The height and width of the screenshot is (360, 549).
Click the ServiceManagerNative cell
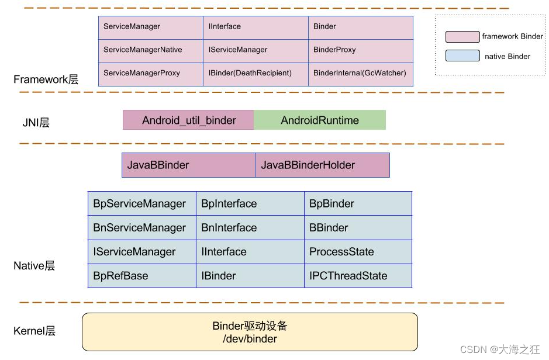[150, 50]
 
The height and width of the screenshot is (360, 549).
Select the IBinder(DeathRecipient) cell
[255, 74]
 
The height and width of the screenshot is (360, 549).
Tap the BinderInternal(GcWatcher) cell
[360, 74]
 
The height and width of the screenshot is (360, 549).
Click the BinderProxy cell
[360, 50]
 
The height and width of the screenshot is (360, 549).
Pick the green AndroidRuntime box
[320, 120]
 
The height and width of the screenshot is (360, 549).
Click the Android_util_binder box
[188, 120]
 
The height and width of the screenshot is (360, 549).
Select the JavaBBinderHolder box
[322, 165]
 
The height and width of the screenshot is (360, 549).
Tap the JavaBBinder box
[188, 165]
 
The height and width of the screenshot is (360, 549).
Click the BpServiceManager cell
[141, 204]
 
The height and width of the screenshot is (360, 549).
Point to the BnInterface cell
[250, 228]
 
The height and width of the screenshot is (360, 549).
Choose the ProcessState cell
[357, 252]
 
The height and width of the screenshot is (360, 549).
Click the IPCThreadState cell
[357, 276]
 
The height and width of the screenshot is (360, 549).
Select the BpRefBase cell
[141, 276]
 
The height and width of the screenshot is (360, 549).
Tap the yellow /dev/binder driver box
[250, 333]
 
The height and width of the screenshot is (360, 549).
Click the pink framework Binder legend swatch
[462, 37]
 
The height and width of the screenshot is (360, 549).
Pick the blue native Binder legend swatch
[462, 57]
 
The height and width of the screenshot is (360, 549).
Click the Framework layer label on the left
[46, 79]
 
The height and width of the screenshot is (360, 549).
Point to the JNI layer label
[36, 123]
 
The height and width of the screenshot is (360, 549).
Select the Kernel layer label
[34, 331]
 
